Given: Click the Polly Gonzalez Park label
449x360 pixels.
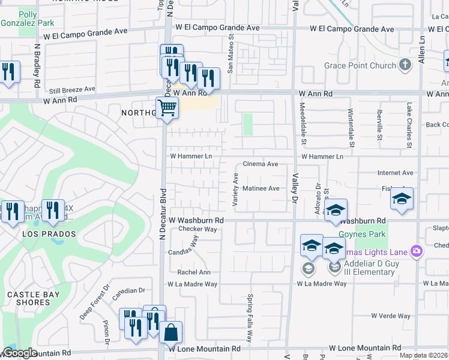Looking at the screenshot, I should click(x=28, y=19).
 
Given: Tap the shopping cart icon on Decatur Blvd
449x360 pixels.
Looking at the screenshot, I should click(x=167, y=108).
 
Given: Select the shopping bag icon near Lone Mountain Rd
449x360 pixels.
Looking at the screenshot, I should click(x=170, y=331).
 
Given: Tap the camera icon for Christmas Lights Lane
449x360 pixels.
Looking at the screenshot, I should click(x=416, y=251).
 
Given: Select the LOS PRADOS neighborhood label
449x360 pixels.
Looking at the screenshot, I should click(x=50, y=233).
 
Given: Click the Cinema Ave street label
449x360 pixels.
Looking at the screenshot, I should click(x=260, y=164).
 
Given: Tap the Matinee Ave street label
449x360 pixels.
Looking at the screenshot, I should click(x=261, y=188).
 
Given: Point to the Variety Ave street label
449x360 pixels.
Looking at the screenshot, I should click(x=236, y=187).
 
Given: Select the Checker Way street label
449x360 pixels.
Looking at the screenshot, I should click(x=197, y=229).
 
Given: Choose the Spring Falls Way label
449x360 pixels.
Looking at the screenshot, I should click(x=250, y=318).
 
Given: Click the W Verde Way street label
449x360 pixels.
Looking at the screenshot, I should click(x=390, y=316).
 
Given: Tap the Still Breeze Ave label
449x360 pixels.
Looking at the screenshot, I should click(x=72, y=89).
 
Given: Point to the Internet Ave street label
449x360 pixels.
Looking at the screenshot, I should click(x=396, y=173).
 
